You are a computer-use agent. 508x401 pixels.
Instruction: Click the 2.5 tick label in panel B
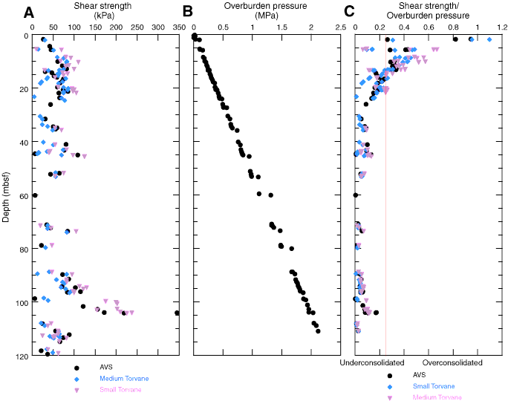339,28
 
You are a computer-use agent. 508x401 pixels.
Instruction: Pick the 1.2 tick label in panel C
501,28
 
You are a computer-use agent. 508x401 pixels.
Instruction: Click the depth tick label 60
22,196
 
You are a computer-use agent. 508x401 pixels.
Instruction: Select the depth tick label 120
20,356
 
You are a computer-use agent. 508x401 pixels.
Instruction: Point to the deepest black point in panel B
318,330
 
